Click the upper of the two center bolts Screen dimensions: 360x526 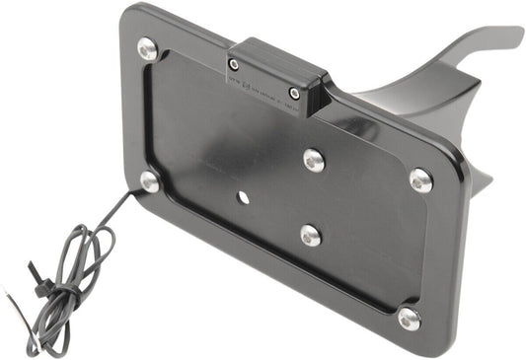pyautogui.click(x=315, y=159)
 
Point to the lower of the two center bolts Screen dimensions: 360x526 pyautogui.click(x=310, y=235)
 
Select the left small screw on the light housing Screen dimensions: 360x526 pyautogui.click(x=233, y=65)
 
